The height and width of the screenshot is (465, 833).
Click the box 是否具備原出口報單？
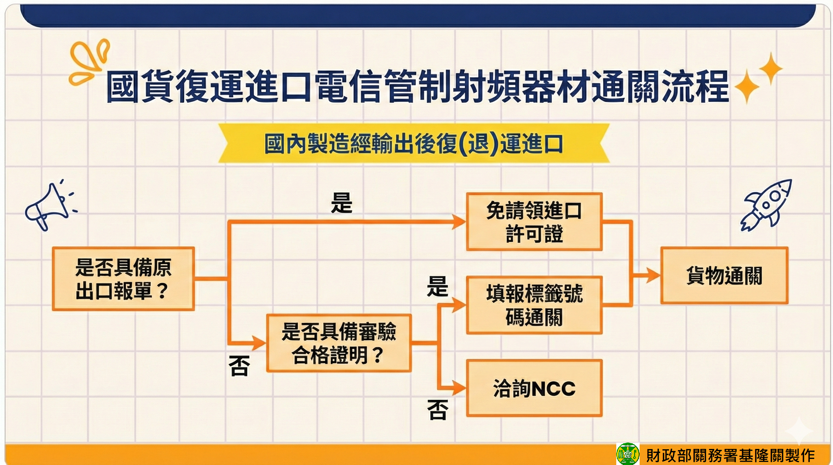(123, 279)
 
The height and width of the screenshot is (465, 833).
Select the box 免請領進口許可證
(534, 222)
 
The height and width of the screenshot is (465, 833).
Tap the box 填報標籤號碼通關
(534, 305)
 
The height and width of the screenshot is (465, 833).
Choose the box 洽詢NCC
(534, 388)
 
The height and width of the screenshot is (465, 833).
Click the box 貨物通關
(724, 275)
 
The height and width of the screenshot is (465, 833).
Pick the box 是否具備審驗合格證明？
(339, 343)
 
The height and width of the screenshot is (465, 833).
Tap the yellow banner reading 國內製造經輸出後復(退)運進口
(413, 143)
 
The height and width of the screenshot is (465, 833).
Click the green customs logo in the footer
(627, 454)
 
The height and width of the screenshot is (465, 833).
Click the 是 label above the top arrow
(341, 203)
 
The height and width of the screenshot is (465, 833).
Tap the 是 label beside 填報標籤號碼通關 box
(437, 286)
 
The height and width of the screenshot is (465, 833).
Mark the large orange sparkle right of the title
(747, 87)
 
